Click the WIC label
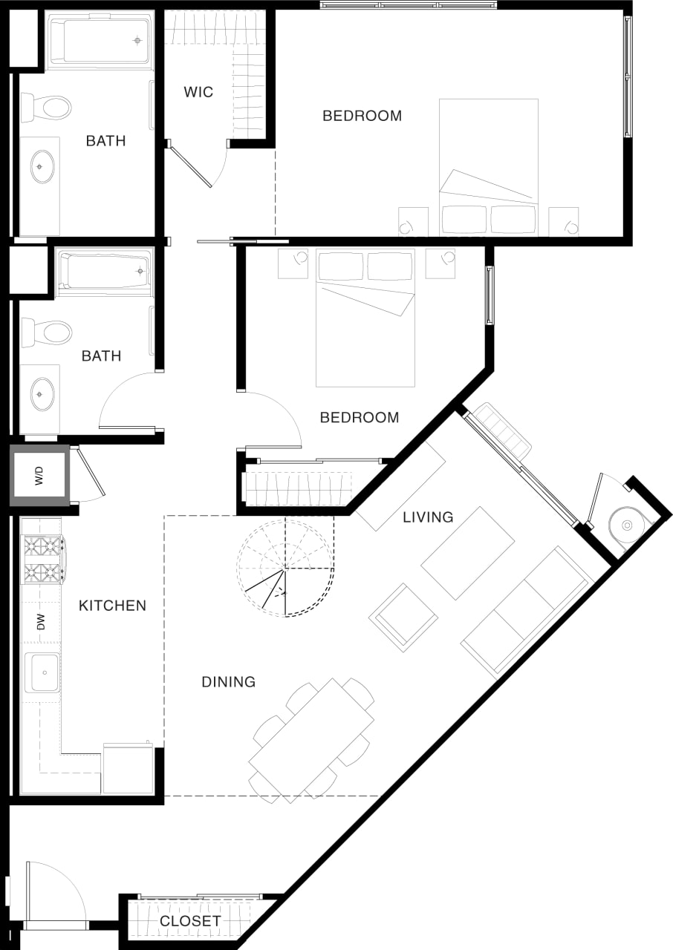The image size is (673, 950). point(198,92)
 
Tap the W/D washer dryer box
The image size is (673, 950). point(39,475)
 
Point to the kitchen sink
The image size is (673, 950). point(43,672)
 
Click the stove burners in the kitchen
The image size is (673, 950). point(42,560)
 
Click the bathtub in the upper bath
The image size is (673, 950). point(100,40)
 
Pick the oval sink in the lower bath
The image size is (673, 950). point(42,393)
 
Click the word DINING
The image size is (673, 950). point(228,681)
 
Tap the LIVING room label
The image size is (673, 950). point(428,517)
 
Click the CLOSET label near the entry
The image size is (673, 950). point(190,921)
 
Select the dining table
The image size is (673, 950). point(311,740)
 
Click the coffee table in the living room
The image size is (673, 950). point(468,553)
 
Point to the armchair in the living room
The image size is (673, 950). point(403,617)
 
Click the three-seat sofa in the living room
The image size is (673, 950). point(525,612)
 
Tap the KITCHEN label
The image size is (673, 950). point(113,606)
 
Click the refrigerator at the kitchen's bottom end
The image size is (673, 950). point(128,769)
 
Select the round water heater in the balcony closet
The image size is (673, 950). point(626,525)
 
